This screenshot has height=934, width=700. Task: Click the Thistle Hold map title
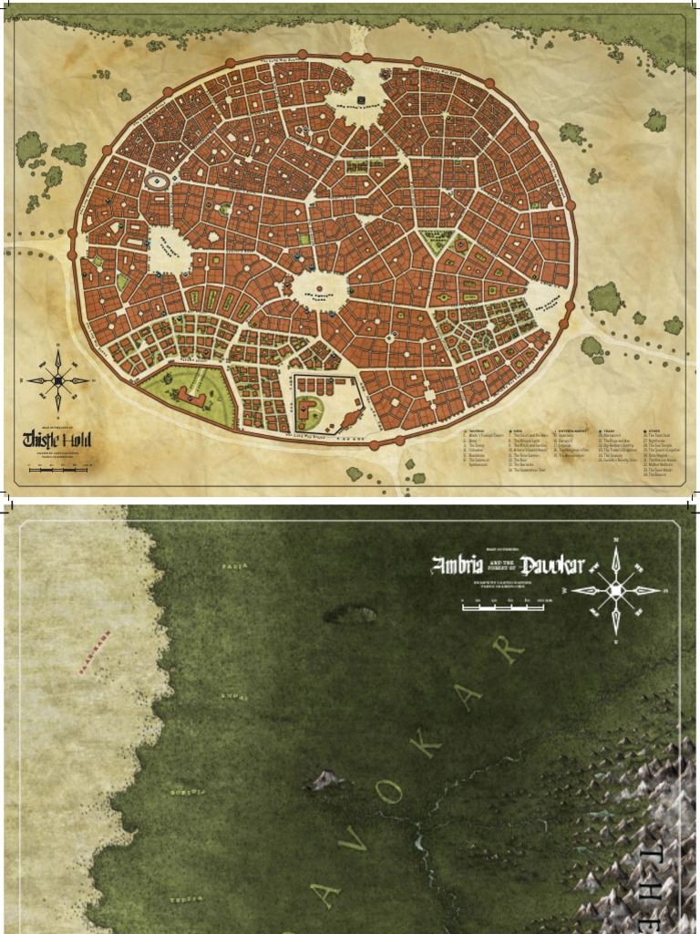pos(57,440)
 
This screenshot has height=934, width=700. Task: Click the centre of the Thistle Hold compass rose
pos(58,380)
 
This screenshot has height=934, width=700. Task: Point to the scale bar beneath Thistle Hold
pos(58,469)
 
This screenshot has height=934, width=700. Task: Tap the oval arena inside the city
pos(158,182)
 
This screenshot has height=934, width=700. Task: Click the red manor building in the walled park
pos(186,394)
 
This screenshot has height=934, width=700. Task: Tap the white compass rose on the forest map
pos(617,590)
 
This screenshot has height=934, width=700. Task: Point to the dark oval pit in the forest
pos(349,615)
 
